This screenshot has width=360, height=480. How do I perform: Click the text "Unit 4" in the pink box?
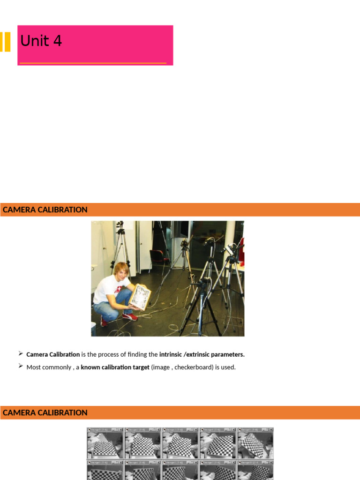[x=41, y=41]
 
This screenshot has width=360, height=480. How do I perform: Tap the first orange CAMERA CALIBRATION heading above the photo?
[x=45, y=210]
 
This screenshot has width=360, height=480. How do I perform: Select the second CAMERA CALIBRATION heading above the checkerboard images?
[x=45, y=412]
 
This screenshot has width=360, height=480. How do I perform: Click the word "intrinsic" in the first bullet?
[x=172, y=354]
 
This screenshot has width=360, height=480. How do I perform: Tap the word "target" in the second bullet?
[x=139, y=367]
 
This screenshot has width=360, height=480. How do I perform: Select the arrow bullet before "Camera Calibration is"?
[x=21, y=353]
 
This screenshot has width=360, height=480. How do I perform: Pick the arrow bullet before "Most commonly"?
[x=21, y=366]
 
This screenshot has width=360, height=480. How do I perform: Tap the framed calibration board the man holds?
[x=140, y=296]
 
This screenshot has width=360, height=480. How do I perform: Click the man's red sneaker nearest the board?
[x=130, y=316]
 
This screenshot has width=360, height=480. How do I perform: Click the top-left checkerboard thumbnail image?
[x=105, y=443]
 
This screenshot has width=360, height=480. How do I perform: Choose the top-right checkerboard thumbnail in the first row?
[x=255, y=443]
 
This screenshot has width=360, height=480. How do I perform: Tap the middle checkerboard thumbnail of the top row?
[x=180, y=443]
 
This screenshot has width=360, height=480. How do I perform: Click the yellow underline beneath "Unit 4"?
[x=93, y=62]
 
